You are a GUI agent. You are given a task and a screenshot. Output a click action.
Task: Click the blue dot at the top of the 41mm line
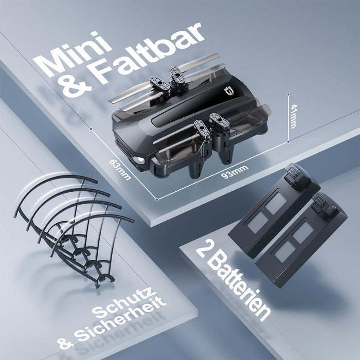289,94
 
